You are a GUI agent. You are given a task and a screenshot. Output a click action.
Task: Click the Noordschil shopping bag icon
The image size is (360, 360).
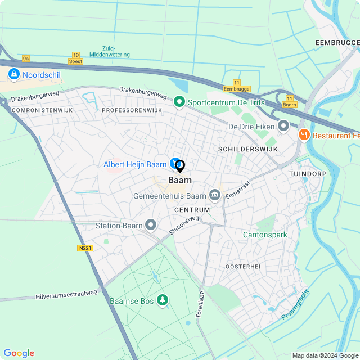pyautogui.click(x=13, y=74)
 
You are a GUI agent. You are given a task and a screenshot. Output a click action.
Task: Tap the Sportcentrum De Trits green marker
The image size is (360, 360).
pyautogui.click(x=179, y=102)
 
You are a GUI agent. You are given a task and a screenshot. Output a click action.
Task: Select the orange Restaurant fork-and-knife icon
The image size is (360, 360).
pyautogui.click(x=304, y=134)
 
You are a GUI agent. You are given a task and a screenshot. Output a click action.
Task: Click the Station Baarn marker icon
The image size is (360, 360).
pyautogui.click(x=150, y=226)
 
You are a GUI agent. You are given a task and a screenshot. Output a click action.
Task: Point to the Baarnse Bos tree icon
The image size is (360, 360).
pyautogui.click(x=163, y=300)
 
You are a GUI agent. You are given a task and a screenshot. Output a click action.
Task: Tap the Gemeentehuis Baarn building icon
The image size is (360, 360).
pyautogui.click(x=214, y=196)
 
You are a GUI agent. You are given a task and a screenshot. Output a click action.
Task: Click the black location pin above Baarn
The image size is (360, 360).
pyautogui.click(x=180, y=166)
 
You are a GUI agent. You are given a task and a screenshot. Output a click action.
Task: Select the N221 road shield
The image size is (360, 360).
pyautogui.click(x=85, y=247)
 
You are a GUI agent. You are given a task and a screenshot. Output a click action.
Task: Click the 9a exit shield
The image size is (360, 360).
pyautogui.click(x=26, y=58)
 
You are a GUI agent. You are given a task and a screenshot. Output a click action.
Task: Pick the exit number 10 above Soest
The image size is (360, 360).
pyautogui.click(x=75, y=55)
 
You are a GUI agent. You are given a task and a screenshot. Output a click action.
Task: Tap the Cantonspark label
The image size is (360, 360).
pyautogui.click(x=265, y=235)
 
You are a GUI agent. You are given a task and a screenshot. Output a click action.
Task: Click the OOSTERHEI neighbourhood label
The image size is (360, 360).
pyautogui.click(x=242, y=265)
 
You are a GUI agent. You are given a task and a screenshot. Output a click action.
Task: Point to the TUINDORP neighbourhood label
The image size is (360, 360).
pyautogui.click(x=308, y=174)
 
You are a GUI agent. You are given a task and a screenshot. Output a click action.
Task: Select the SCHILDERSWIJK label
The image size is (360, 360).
pyautogui.click(x=241, y=148)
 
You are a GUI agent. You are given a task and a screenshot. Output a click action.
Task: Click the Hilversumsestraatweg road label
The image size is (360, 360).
pyautogui.click(x=66, y=294)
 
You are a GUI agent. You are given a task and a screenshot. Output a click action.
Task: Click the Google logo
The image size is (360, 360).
pyautogui.click(x=19, y=353)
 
